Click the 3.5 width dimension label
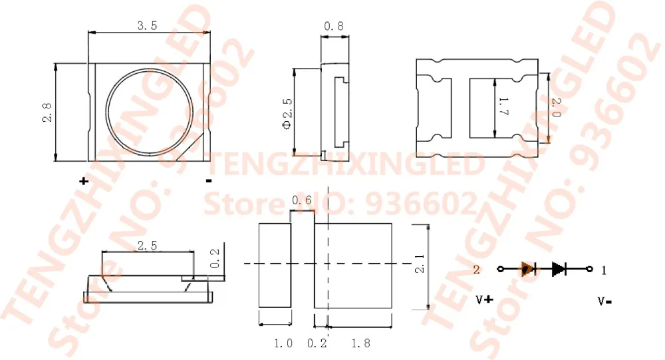[x=147, y=26]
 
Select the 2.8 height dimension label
[x=47, y=113]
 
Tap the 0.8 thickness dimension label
[x=334, y=27]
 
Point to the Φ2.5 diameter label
[x=287, y=114]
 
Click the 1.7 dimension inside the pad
[x=503, y=106]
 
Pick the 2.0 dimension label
[x=557, y=108]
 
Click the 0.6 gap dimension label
[x=301, y=200]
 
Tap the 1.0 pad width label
[x=283, y=343]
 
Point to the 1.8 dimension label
[x=360, y=343]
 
